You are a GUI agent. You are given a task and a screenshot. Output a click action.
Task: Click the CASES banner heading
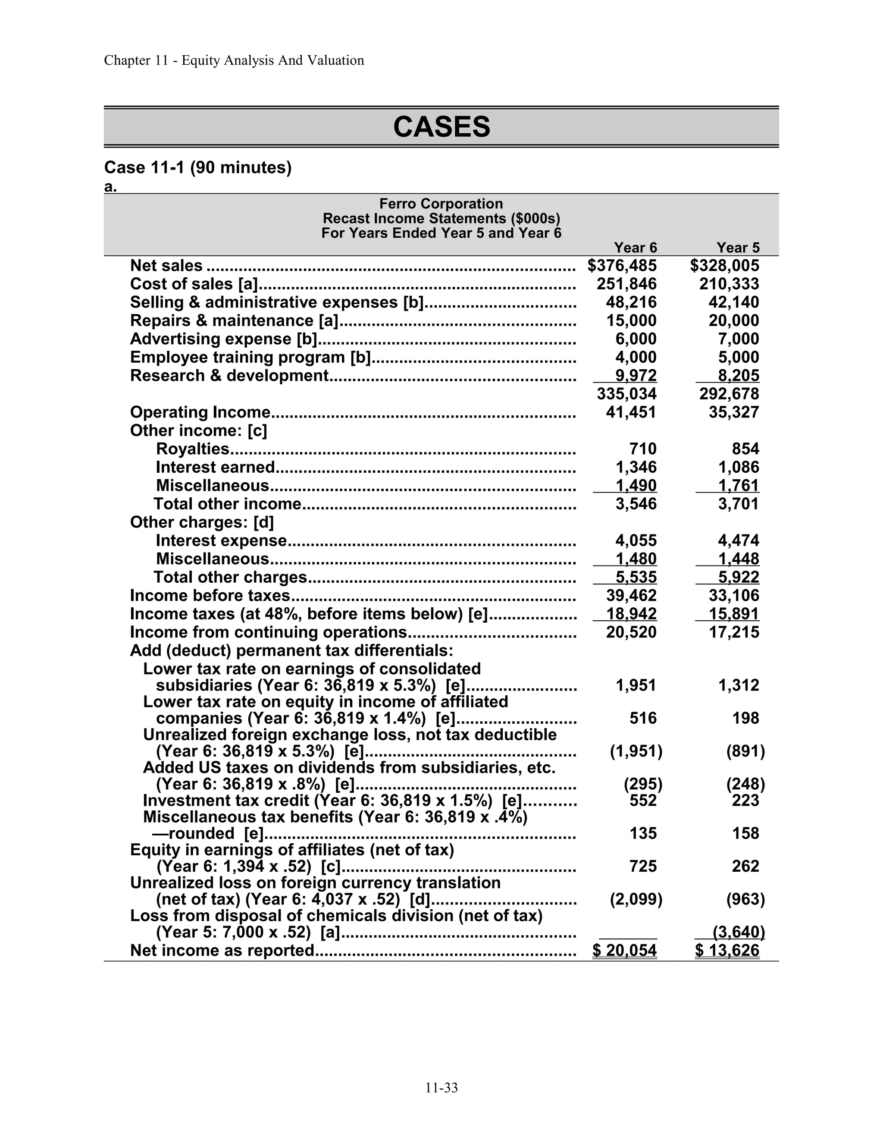point(441,127)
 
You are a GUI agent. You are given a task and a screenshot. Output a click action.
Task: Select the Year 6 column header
point(635,247)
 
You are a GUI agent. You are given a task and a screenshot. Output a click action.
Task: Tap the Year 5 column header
point(738,247)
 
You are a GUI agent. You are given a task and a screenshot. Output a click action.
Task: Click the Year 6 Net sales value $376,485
point(622,265)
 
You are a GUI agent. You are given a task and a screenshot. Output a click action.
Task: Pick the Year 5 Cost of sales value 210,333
point(729,284)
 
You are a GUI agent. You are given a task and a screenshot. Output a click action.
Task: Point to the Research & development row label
point(229,375)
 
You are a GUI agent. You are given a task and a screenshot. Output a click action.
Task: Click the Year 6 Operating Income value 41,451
point(631,412)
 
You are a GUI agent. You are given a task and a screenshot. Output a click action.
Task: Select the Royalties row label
point(192,449)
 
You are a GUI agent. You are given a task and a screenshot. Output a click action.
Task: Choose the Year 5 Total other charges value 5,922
point(738,577)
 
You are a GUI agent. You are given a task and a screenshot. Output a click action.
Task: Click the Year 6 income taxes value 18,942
point(631,613)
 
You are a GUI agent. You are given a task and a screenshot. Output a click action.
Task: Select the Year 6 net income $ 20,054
point(625,950)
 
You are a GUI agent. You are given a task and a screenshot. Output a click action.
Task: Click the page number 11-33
point(441,1088)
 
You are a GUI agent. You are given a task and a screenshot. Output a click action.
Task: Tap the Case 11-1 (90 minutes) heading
point(198,167)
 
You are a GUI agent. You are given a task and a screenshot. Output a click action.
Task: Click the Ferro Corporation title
point(441,204)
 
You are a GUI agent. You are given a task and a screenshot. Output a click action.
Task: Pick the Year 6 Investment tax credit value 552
point(642,800)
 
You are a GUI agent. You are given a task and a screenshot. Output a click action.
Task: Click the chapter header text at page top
point(234,60)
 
